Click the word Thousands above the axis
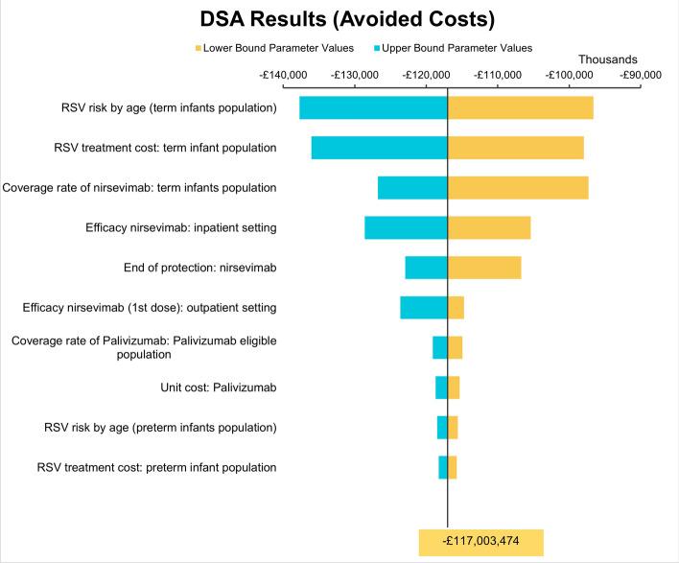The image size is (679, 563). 607,59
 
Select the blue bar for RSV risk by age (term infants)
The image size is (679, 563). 373,107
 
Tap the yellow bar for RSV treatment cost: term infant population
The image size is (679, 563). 516,148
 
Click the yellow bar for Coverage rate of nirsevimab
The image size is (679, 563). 518,188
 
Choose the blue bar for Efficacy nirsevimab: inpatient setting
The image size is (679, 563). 406,227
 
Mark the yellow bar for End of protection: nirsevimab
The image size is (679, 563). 484,268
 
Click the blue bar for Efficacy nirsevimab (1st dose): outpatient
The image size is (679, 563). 424,308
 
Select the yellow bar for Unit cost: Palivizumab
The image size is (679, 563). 454,387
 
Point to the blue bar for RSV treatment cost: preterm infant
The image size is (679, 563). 443,467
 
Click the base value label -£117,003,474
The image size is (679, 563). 481,543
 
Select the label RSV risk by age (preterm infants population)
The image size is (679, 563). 160,427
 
